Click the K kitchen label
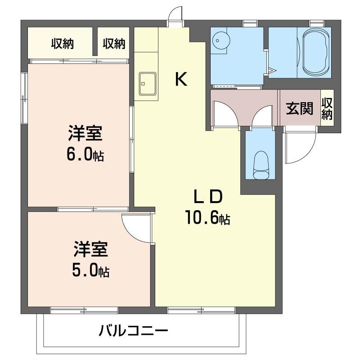181,80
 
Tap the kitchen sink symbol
147,84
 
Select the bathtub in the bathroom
317,53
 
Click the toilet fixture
261,165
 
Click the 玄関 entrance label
299,108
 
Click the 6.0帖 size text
85,155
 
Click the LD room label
207,197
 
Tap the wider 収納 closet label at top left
62,44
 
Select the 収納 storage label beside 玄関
327,108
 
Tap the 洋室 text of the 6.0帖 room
85,134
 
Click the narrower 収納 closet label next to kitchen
113,44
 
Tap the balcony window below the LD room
201,310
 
